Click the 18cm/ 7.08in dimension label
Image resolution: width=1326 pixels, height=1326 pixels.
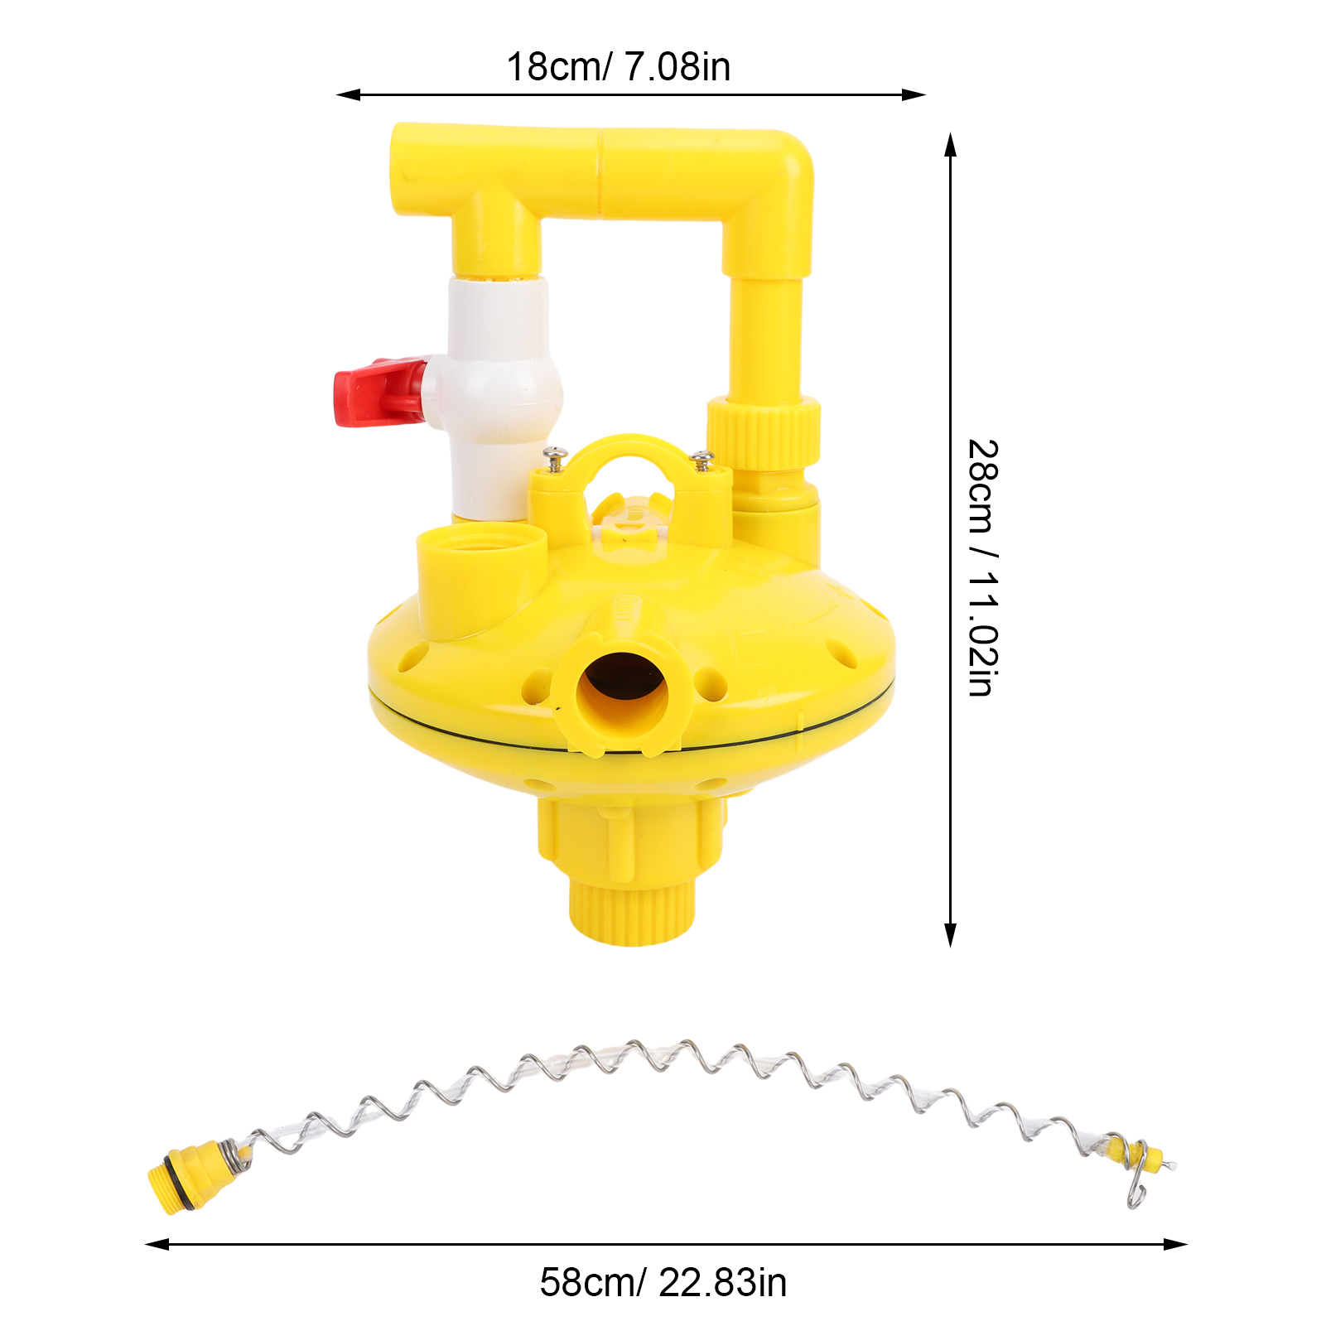[619, 66]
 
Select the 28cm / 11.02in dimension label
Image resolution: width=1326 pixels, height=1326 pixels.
[983, 568]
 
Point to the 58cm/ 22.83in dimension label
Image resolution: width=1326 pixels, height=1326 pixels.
[663, 1283]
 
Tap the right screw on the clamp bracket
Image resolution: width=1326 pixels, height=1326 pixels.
[703, 460]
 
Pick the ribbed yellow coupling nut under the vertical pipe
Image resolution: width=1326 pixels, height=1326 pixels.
[763, 432]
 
